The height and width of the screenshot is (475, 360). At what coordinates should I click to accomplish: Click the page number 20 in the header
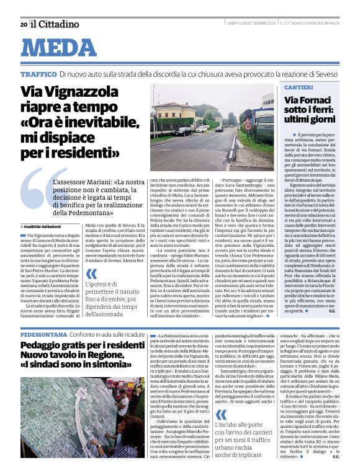pyautogui.click(x=23, y=24)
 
